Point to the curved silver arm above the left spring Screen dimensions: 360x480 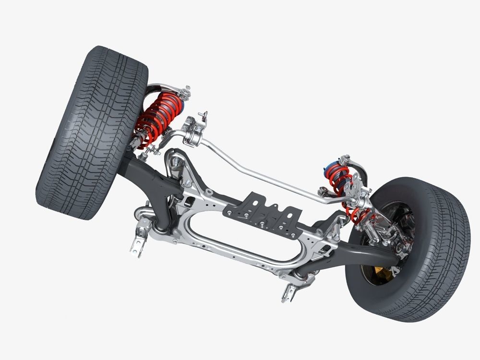pyautogui.click(x=166, y=89)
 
